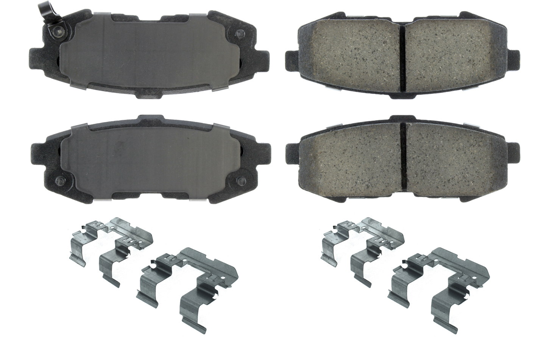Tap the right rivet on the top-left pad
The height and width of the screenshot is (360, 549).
pos(239,34)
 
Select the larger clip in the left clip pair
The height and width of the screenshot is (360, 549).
pos(189,280)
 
